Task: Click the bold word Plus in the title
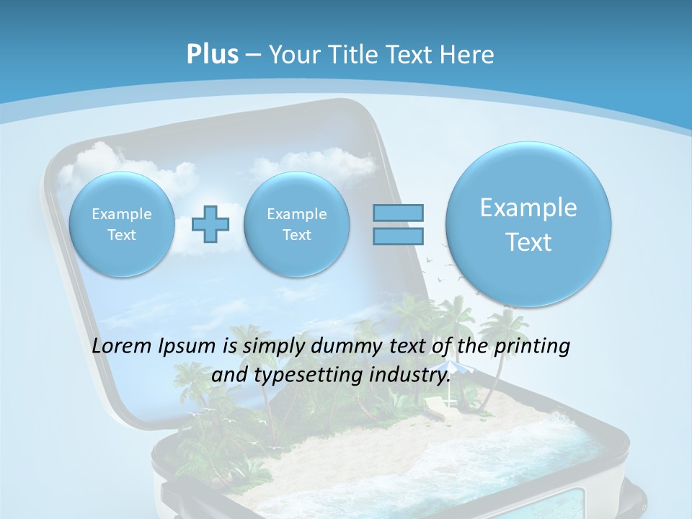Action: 212,55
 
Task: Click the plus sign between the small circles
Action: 210,224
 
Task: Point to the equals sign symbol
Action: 398,224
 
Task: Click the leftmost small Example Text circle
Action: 122,224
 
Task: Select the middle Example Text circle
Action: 297,224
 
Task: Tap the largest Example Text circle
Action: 528,224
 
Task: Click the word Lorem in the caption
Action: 123,346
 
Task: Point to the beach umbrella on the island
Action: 450,368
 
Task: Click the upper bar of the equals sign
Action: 398,213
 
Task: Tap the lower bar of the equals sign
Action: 398,236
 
